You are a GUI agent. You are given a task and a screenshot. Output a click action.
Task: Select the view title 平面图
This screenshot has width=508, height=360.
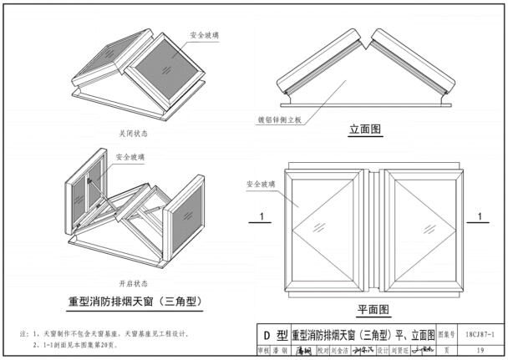(373, 308)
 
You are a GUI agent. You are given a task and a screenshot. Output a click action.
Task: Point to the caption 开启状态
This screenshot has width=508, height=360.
(132, 282)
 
